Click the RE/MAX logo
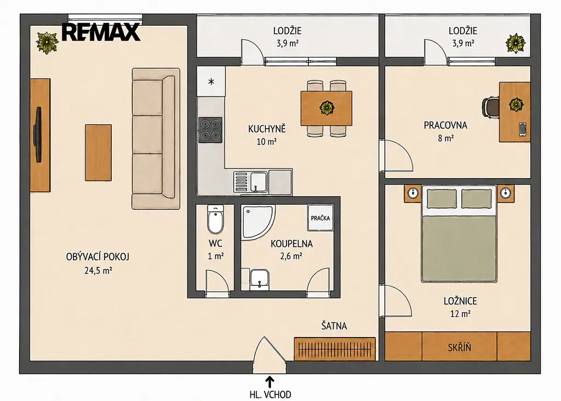(x=101, y=32)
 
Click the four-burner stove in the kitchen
(x=210, y=130)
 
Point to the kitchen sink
(x=250, y=182)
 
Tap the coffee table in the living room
(x=98, y=152)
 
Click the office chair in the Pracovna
(x=490, y=107)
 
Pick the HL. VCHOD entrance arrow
(x=270, y=380)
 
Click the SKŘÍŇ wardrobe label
(x=460, y=347)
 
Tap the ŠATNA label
(x=334, y=326)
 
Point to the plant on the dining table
(x=327, y=107)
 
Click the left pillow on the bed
(x=442, y=199)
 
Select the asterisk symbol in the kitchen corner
(x=211, y=82)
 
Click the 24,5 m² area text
(x=98, y=271)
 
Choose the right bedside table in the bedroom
(x=505, y=193)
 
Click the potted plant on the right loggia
(x=516, y=44)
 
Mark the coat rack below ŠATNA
(x=335, y=349)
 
